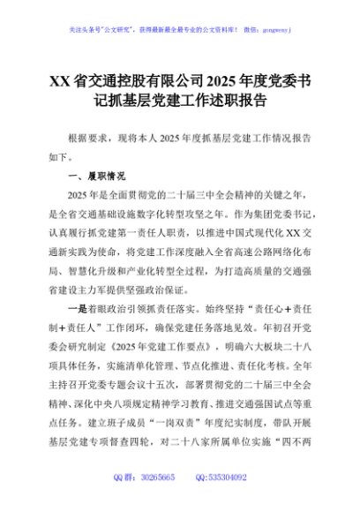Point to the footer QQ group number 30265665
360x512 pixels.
(x=155, y=478)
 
